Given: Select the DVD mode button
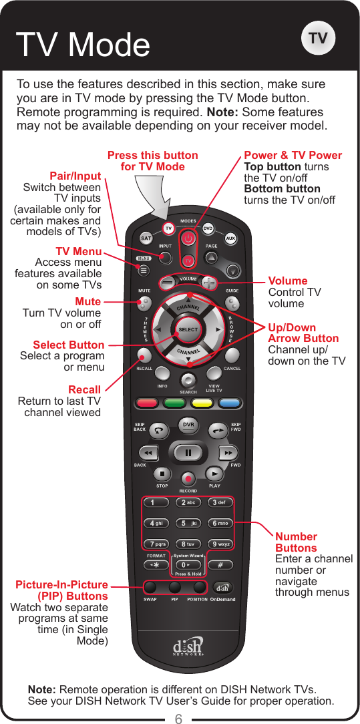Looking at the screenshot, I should click(208, 228).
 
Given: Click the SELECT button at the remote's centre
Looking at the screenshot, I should click(188, 329).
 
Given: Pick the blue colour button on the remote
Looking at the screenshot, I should click(229, 403).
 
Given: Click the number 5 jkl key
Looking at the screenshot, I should click(189, 523).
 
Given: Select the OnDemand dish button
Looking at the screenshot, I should click(223, 588).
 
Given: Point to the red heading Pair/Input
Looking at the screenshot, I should click(79, 176).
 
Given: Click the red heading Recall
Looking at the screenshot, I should click(85, 389).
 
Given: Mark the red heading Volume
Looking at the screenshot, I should click(288, 281).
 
